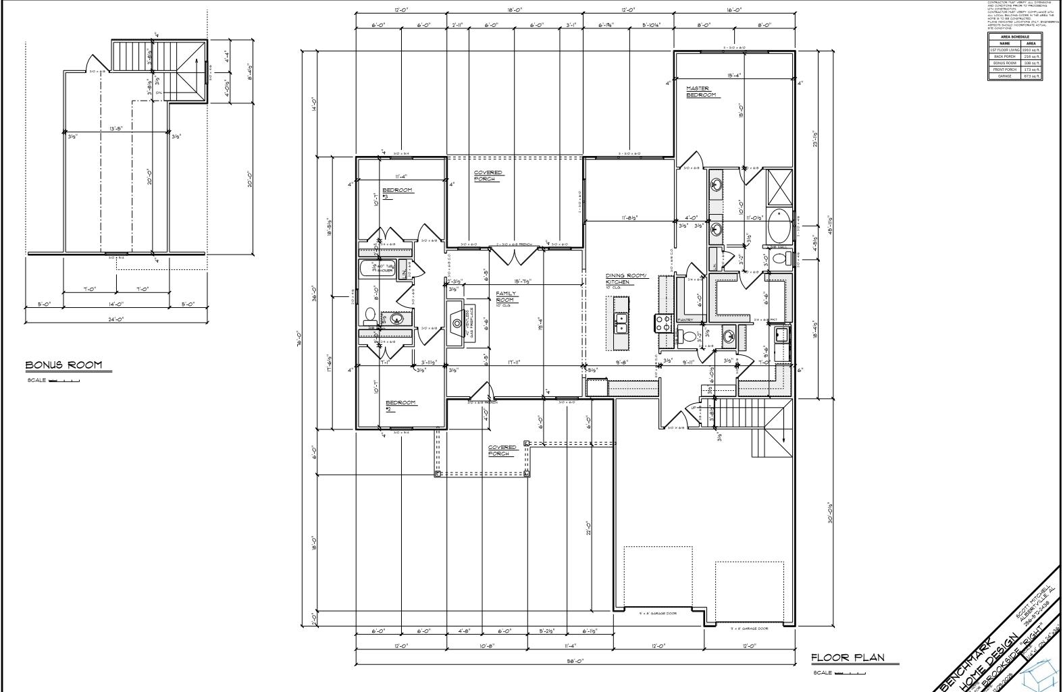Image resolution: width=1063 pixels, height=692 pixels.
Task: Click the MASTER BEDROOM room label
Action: [701, 92]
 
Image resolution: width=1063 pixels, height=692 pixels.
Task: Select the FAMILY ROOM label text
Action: [505, 297]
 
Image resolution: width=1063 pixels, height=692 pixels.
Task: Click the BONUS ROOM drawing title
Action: [64, 365]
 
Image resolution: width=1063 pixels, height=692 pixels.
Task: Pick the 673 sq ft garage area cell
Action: [1031, 76]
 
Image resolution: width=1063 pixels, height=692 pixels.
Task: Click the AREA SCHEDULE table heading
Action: [1015, 36]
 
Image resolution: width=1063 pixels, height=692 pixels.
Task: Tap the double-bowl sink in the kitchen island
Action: [621, 323]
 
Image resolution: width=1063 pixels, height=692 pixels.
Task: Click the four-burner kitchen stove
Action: [660, 323]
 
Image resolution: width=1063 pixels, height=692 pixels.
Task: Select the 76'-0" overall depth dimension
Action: [307, 342]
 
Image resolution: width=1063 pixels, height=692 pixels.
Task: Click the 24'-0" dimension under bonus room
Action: [115, 319]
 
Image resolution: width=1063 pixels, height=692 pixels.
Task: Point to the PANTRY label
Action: [685, 319]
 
